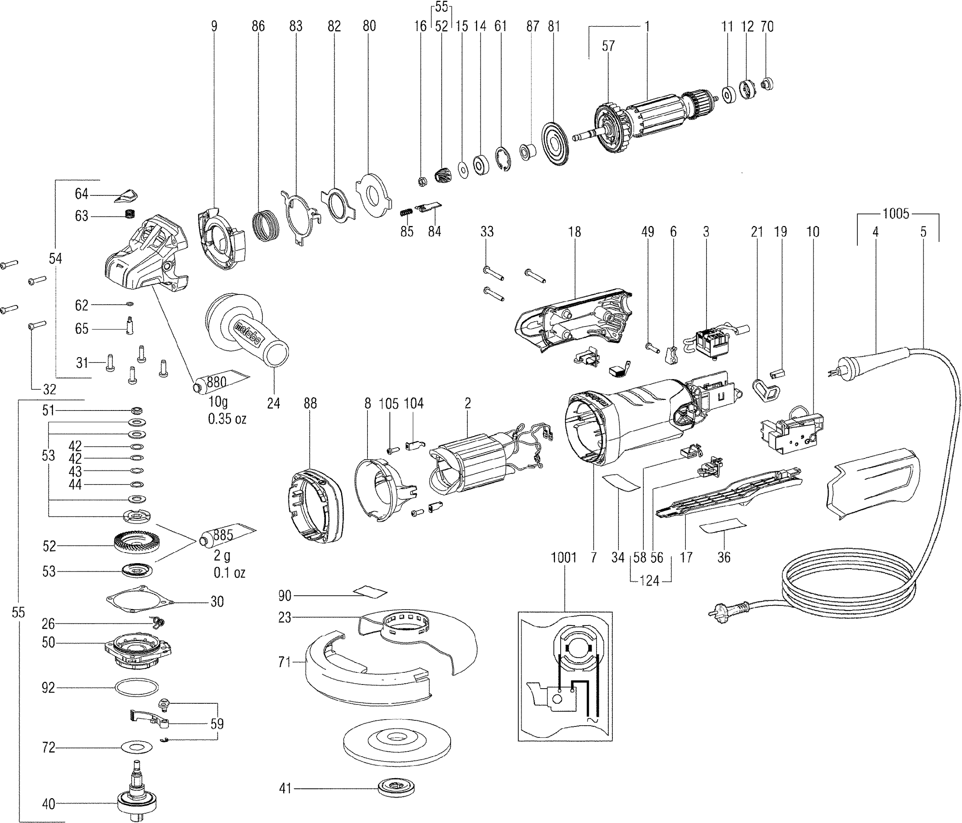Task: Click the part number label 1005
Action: [x=896, y=214]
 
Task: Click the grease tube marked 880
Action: [x=218, y=381]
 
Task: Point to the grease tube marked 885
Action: [x=225, y=535]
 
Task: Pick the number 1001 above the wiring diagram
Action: [x=564, y=557]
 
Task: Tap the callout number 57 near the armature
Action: [x=608, y=46]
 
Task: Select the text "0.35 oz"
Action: [x=227, y=419]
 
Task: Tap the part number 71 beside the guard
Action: [x=285, y=662]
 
